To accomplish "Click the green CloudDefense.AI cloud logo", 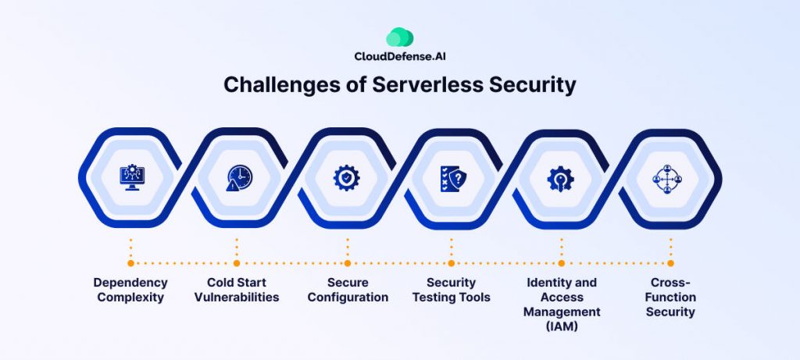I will (399, 37).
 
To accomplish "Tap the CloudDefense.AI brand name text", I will (399, 57).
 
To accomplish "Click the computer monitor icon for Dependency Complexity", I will (130, 179).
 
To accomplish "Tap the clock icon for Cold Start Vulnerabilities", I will (237, 179).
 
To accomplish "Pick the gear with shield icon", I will (346, 179).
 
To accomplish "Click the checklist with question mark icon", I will (452, 179).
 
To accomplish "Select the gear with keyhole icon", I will (561, 179).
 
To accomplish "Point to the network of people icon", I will (669, 179).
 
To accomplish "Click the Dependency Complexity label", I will (130, 290).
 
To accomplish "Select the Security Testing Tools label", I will (452, 290).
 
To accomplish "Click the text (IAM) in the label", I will (561, 326).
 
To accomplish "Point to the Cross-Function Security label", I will (670, 297).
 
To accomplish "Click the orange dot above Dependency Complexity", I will (130, 263).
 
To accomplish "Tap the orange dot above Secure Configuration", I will (347, 263).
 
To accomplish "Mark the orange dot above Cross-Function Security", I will (670, 263).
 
